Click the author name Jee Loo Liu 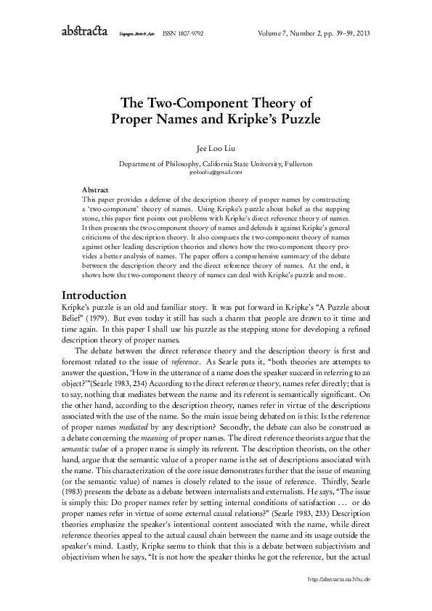[x=216, y=145]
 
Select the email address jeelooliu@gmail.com [x=216, y=172]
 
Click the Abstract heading [x=97, y=188]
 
